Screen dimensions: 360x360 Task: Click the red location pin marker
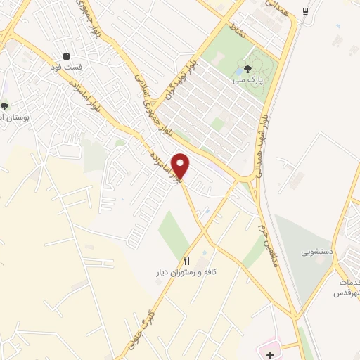pyautogui.click(x=181, y=165)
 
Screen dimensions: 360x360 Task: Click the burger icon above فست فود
pyautogui.click(x=66, y=56)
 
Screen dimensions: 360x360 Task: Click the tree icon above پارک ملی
pyautogui.click(x=247, y=70)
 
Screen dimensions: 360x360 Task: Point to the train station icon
pyautogui.click(x=305, y=12)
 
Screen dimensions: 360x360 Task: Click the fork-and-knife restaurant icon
pyautogui.click(x=186, y=261)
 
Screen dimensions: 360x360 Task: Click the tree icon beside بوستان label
pyautogui.click(x=5, y=106)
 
